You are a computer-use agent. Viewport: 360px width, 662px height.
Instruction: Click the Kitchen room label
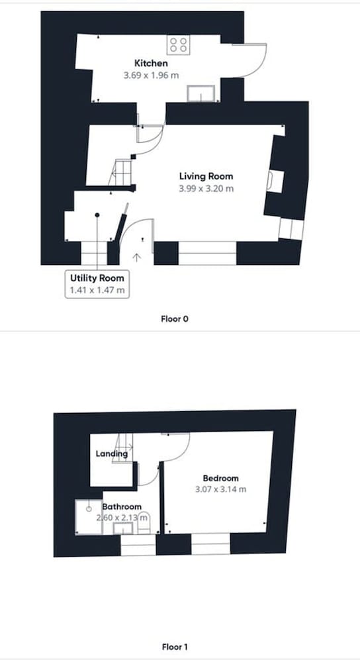tap(151, 64)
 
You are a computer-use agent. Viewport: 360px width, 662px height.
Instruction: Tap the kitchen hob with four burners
tap(179, 45)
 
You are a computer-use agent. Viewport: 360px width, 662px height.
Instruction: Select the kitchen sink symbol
tap(201, 93)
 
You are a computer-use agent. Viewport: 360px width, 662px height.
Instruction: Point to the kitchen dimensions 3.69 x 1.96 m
tap(151, 75)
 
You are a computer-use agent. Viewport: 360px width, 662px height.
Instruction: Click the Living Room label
tap(206, 176)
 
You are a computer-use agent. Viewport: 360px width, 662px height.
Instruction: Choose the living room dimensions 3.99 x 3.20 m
tap(206, 188)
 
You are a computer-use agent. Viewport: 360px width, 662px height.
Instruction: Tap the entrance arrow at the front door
tap(136, 257)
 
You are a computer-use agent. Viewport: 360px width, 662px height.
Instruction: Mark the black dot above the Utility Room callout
tap(97, 215)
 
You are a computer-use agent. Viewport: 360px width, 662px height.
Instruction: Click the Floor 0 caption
tap(174, 319)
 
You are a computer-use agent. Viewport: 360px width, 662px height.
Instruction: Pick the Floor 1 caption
tap(174, 646)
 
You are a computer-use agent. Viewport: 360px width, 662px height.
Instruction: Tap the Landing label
tap(112, 454)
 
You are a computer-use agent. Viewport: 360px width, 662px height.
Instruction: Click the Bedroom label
tap(221, 479)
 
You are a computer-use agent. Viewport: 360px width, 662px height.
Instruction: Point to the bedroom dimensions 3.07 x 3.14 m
tap(221, 490)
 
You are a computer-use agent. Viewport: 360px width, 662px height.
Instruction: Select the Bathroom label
tap(122, 506)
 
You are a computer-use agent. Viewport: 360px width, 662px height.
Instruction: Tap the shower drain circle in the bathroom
tap(89, 509)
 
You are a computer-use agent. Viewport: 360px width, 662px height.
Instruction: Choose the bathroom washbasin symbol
tap(123, 528)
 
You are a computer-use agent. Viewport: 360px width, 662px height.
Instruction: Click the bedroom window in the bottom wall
tap(210, 544)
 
